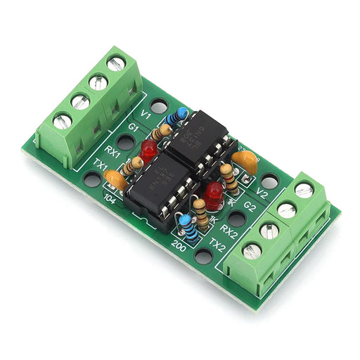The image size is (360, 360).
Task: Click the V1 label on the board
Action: pos(146,113)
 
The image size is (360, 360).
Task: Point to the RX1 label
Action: pos(114,150)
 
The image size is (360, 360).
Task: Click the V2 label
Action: pos(262,192)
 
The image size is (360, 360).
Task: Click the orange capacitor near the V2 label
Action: pos(245,163)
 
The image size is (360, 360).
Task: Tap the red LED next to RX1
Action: pos(148,149)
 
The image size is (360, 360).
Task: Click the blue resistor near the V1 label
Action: pos(181,114)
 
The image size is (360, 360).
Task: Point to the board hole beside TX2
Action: pos(203,255)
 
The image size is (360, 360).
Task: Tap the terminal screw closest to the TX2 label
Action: pos(252,250)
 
